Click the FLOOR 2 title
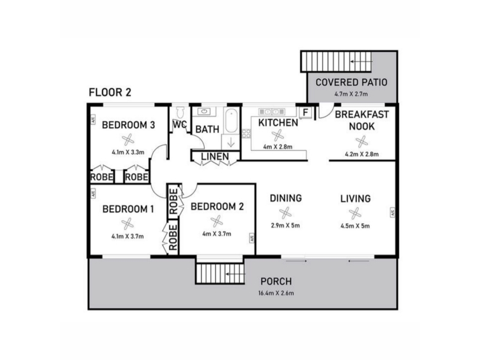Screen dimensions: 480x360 (x=110, y=92)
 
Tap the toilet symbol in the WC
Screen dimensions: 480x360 (x=181, y=112)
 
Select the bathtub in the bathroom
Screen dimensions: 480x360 (x=231, y=121)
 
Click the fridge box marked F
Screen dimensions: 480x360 (x=305, y=112)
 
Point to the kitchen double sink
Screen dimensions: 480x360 (x=272, y=112)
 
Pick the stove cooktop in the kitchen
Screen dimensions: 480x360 (x=247, y=133)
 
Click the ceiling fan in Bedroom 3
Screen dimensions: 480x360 (x=128, y=140)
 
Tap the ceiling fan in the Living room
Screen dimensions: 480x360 (x=355, y=213)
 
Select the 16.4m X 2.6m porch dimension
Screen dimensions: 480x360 (x=276, y=293)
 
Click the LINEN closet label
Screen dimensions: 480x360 (x=215, y=157)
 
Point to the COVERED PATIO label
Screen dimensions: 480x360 (x=352, y=82)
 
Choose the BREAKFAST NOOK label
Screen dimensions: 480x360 (x=362, y=121)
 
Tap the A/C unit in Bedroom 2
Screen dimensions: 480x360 (x=251, y=238)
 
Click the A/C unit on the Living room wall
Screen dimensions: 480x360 (x=392, y=212)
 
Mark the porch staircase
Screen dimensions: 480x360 (x=220, y=274)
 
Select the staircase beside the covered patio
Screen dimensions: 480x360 (x=336, y=62)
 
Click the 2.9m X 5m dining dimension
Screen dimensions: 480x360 (x=286, y=226)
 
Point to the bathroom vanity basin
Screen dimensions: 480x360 (x=204, y=112)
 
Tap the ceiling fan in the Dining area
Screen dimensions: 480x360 (x=285, y=213)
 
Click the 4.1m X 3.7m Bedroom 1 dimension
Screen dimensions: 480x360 (x=127, y=236)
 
